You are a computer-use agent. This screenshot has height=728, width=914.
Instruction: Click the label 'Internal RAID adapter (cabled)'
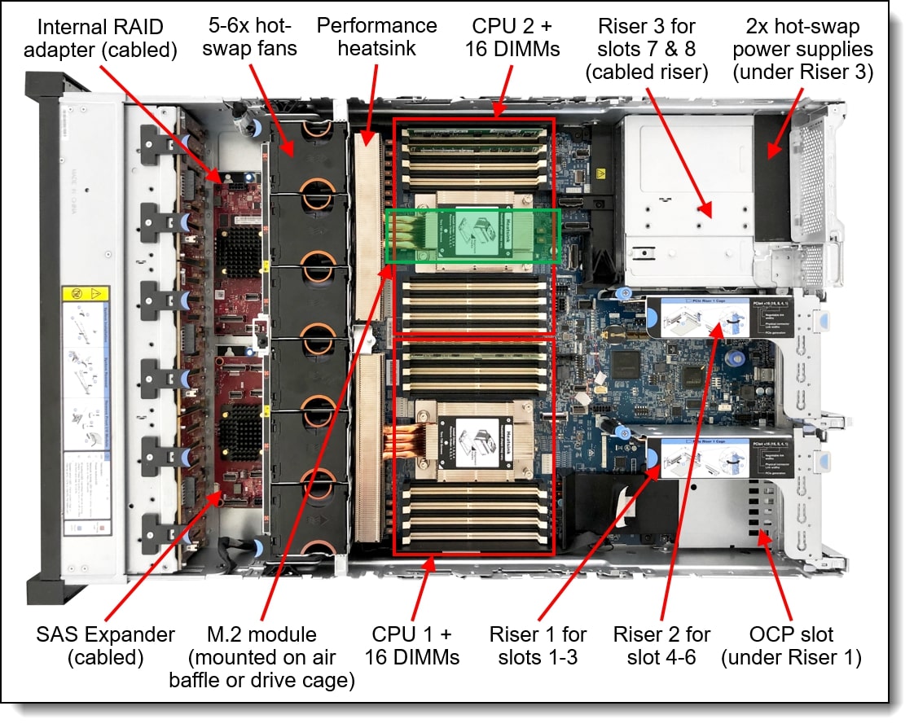click(x=101, y=37)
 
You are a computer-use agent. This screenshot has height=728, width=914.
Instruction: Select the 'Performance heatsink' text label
click(x=376, y=37)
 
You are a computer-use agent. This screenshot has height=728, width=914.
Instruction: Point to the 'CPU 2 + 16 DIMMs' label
click(x=512, y=37)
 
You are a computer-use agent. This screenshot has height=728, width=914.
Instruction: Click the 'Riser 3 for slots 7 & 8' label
click(x=647, y=49)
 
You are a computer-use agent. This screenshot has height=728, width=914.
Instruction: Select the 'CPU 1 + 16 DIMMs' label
click(x=411, y=645)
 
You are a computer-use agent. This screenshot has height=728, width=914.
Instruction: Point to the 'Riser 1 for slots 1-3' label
click(x=538, y=645)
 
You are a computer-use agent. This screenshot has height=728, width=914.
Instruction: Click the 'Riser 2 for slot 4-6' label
click(x=661, y=645)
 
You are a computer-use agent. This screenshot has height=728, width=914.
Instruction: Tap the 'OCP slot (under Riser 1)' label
click(x=791, y=645)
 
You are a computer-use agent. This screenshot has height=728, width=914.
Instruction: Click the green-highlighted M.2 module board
click(x=472, y=236)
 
